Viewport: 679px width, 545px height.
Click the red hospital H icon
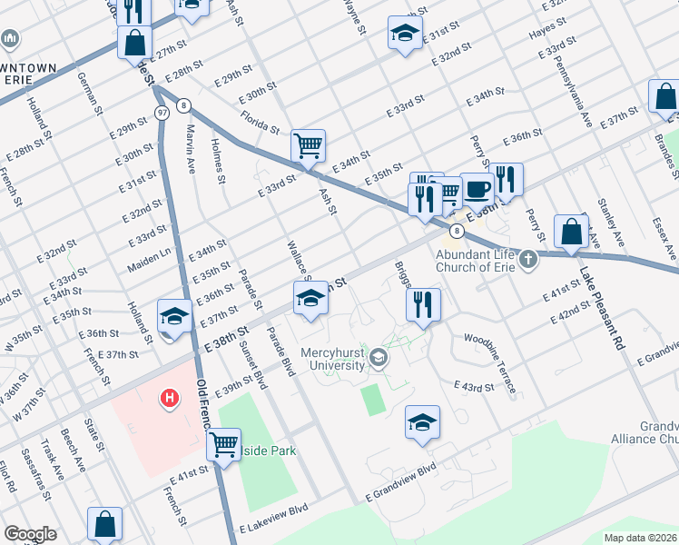[168, 398]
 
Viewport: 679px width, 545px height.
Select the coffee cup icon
[477, 190]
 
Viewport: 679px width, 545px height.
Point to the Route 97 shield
[162, 112]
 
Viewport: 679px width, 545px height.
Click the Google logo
[30, 534]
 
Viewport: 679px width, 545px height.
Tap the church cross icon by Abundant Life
[527, 261]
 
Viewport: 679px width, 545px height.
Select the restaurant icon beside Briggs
[423, 304]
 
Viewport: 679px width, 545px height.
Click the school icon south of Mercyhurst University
[422, 422]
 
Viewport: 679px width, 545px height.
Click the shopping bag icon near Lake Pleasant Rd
[572, 233]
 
